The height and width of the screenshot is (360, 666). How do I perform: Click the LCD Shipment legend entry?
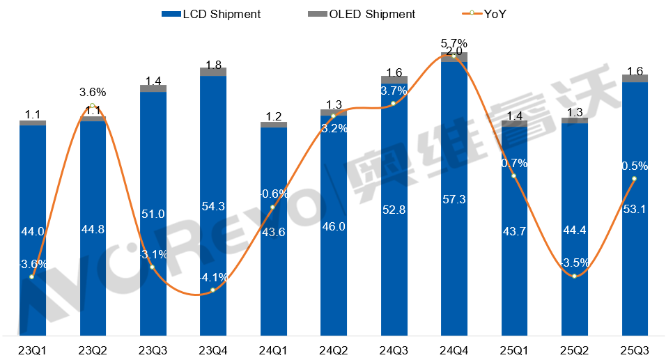coord(211,14)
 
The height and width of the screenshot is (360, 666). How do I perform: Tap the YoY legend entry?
coord(485,14)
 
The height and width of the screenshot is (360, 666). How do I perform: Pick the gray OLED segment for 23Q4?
coord(213,72)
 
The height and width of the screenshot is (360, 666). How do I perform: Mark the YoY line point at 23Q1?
coord(32,277)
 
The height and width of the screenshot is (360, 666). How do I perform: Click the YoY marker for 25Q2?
coord(574,276)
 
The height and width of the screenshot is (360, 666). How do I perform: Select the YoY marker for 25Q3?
coord(635,179)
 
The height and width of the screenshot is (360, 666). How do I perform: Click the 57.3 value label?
coord(454,200)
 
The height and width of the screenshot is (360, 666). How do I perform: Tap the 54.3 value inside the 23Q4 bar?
coord(213,207)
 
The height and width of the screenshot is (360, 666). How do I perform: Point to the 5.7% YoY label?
coord(454,43)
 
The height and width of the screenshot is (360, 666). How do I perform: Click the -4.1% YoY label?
coord(213,277)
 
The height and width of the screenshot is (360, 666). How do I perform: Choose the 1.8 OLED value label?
coord(213,65)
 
